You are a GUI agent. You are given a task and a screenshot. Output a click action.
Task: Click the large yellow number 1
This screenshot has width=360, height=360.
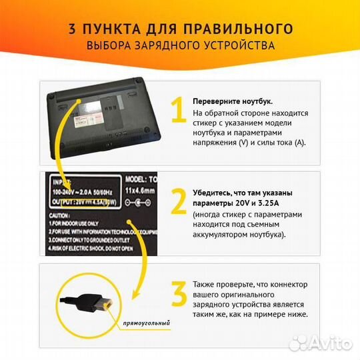point(177,111)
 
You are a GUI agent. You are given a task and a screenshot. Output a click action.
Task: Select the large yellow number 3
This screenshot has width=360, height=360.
point(177,293)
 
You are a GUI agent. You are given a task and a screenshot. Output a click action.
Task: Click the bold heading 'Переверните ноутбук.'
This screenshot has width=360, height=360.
point(232,101)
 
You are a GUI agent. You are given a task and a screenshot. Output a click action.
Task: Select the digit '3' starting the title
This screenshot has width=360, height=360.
point(73,29)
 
